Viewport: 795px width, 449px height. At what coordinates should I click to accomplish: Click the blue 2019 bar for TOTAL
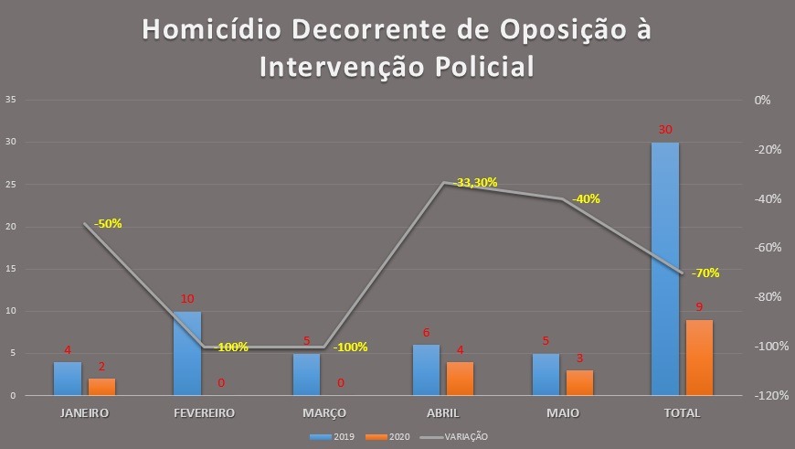click(665, 269)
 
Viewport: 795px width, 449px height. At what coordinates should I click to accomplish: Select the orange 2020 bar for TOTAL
click(699, 358)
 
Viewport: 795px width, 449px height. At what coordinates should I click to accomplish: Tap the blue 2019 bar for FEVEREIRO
click(186, 353)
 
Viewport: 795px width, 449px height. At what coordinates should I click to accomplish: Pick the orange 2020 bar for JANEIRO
click(101, 387)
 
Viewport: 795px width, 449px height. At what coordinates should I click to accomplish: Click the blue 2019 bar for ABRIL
click(426, 369)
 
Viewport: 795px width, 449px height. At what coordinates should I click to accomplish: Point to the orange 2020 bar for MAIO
click(579, 382)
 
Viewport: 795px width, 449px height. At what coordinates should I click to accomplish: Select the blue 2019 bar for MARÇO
click(306, 374)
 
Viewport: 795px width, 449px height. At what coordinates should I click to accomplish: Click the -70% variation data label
click(705, 273)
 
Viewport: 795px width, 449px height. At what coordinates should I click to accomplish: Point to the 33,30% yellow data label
click(476, 182)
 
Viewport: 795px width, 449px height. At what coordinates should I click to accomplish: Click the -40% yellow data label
click(586, 198)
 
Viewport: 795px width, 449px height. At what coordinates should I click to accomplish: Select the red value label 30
click(665, 130)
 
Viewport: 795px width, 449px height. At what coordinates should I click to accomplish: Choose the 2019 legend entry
click(338, 437)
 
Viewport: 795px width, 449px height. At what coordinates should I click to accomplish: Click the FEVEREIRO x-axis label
click(204, 412)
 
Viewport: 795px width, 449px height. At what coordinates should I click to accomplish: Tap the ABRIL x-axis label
click(442, 412)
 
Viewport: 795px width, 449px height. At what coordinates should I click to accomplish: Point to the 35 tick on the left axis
click(10, 100)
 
